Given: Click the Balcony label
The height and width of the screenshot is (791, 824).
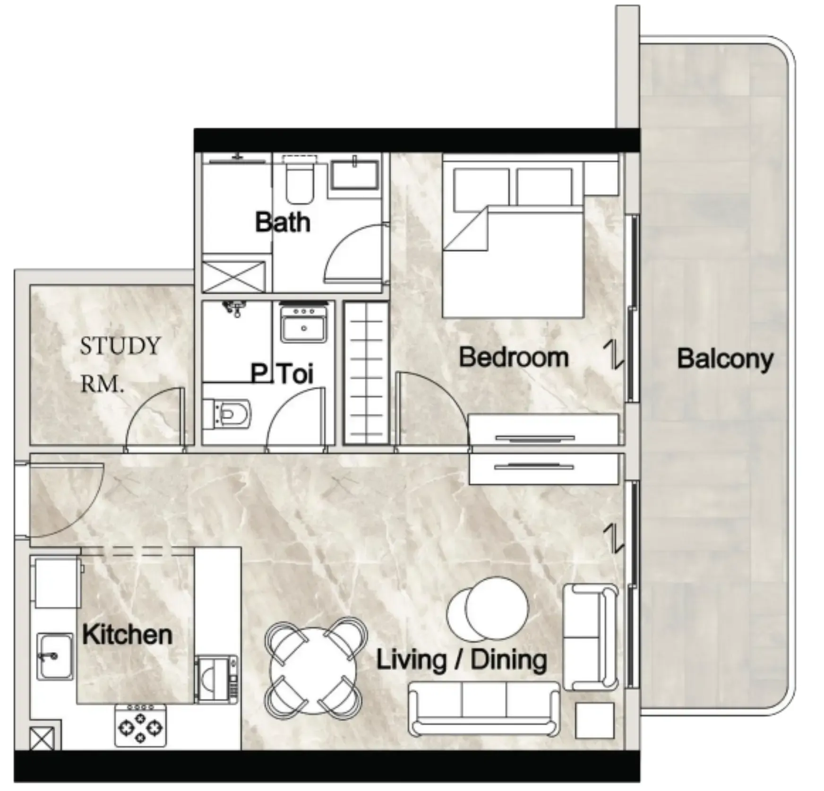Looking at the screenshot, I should coord(725,359).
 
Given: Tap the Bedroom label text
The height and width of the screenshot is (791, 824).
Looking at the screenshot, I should coord(514,357).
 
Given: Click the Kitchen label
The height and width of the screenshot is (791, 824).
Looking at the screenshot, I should coord(127,635).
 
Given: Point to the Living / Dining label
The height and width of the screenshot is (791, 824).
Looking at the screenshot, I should coord(462,660).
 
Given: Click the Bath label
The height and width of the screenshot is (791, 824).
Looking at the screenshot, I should coord(283,222).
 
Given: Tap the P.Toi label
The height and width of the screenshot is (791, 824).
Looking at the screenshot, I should coord(282,374).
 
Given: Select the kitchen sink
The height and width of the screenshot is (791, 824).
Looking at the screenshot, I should coord(55,656).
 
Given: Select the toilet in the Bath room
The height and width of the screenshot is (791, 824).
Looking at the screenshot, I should coord(300,181).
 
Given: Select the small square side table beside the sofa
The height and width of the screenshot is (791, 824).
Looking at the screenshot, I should coord(595,720).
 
